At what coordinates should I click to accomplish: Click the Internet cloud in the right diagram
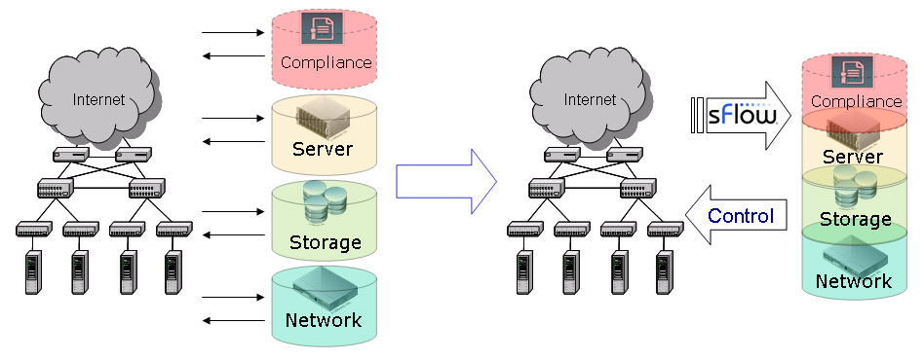(x=591, y=99)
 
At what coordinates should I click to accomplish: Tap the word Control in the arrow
(x=741, y=216)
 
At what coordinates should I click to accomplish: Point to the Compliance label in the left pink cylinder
(x=326, y=63)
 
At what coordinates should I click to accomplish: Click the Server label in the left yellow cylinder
(x=323, y=150)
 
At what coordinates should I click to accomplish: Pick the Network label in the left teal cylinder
(x=323, y=320)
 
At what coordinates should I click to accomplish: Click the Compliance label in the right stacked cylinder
(x=857, y=100)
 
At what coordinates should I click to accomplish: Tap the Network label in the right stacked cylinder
(x=854, y=281)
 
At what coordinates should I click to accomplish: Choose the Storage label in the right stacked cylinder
(x=854, y=219)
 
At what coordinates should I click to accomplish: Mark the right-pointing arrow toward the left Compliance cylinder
(x=233, y=33)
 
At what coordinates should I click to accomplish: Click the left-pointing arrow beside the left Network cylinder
(x=233, y=320)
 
